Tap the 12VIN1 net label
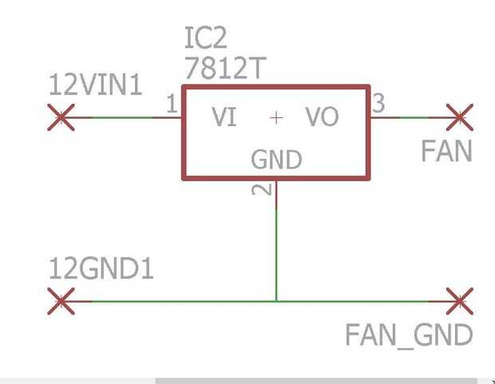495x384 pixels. pyautogui.click(x=96, y=85)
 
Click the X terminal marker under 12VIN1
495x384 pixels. pyautogui.click(x=61, y=117)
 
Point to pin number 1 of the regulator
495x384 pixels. pyautogui.click(x=171, y=104)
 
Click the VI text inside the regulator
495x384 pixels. pyautogui.click(x=224, y=118)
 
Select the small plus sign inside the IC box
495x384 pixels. pyautogui.click(x=276, y=118)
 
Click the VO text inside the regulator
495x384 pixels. pyautogui.click(x=322, y=118)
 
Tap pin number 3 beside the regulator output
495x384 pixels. pyautogui.click(x=378, y=103)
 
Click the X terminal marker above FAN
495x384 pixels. pyautogui.click(x=459, y=117)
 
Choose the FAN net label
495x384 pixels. pyautogui.click(x=446, y=151)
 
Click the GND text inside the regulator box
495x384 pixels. pyautogui.click(x=276, y=160)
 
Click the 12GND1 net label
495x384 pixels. pyautogui.click(x=101, y=270)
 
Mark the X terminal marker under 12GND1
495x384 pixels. pyautogui.click(x=61, y=301)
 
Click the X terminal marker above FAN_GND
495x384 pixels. pyautogui.click(x=459, y=301)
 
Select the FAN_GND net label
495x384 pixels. pyautogui.click(x=409, y=335)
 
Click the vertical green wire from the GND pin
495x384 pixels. pyautogui.click(x=276, y=247)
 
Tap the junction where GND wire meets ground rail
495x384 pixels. pyautogui.click(x=276, y=301)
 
